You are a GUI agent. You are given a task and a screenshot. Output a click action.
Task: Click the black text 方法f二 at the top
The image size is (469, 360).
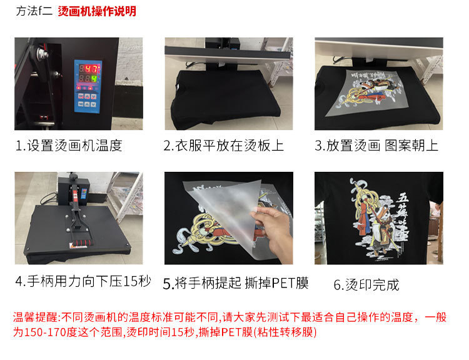click(x=34, y=11)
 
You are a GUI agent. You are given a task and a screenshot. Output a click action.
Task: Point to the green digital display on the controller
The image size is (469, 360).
click(x=88, y=79)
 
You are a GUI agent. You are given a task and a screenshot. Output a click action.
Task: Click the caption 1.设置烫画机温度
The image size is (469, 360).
click(x=69, y=146)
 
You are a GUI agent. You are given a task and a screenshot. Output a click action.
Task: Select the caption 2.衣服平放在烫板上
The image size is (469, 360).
click(x=224, y=146)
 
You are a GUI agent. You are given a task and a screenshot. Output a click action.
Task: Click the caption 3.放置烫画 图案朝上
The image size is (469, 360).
click(x=376, y=146)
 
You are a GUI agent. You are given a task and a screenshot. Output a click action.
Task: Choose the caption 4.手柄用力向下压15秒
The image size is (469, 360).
click(x=83, y=281)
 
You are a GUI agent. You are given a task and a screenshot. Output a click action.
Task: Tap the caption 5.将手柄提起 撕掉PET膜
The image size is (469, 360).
click(x=236, y=283)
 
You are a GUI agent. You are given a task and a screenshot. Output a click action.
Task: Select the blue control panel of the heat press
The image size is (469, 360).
click(x=88, y=86)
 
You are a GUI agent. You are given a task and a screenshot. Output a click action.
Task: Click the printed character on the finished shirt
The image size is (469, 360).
click(x=381, y=219)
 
